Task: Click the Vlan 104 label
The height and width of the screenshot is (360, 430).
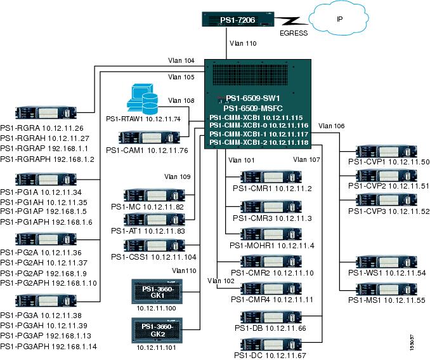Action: [x=181, y=61]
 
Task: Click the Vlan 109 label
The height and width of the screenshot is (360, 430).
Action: [x=177, y=176]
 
